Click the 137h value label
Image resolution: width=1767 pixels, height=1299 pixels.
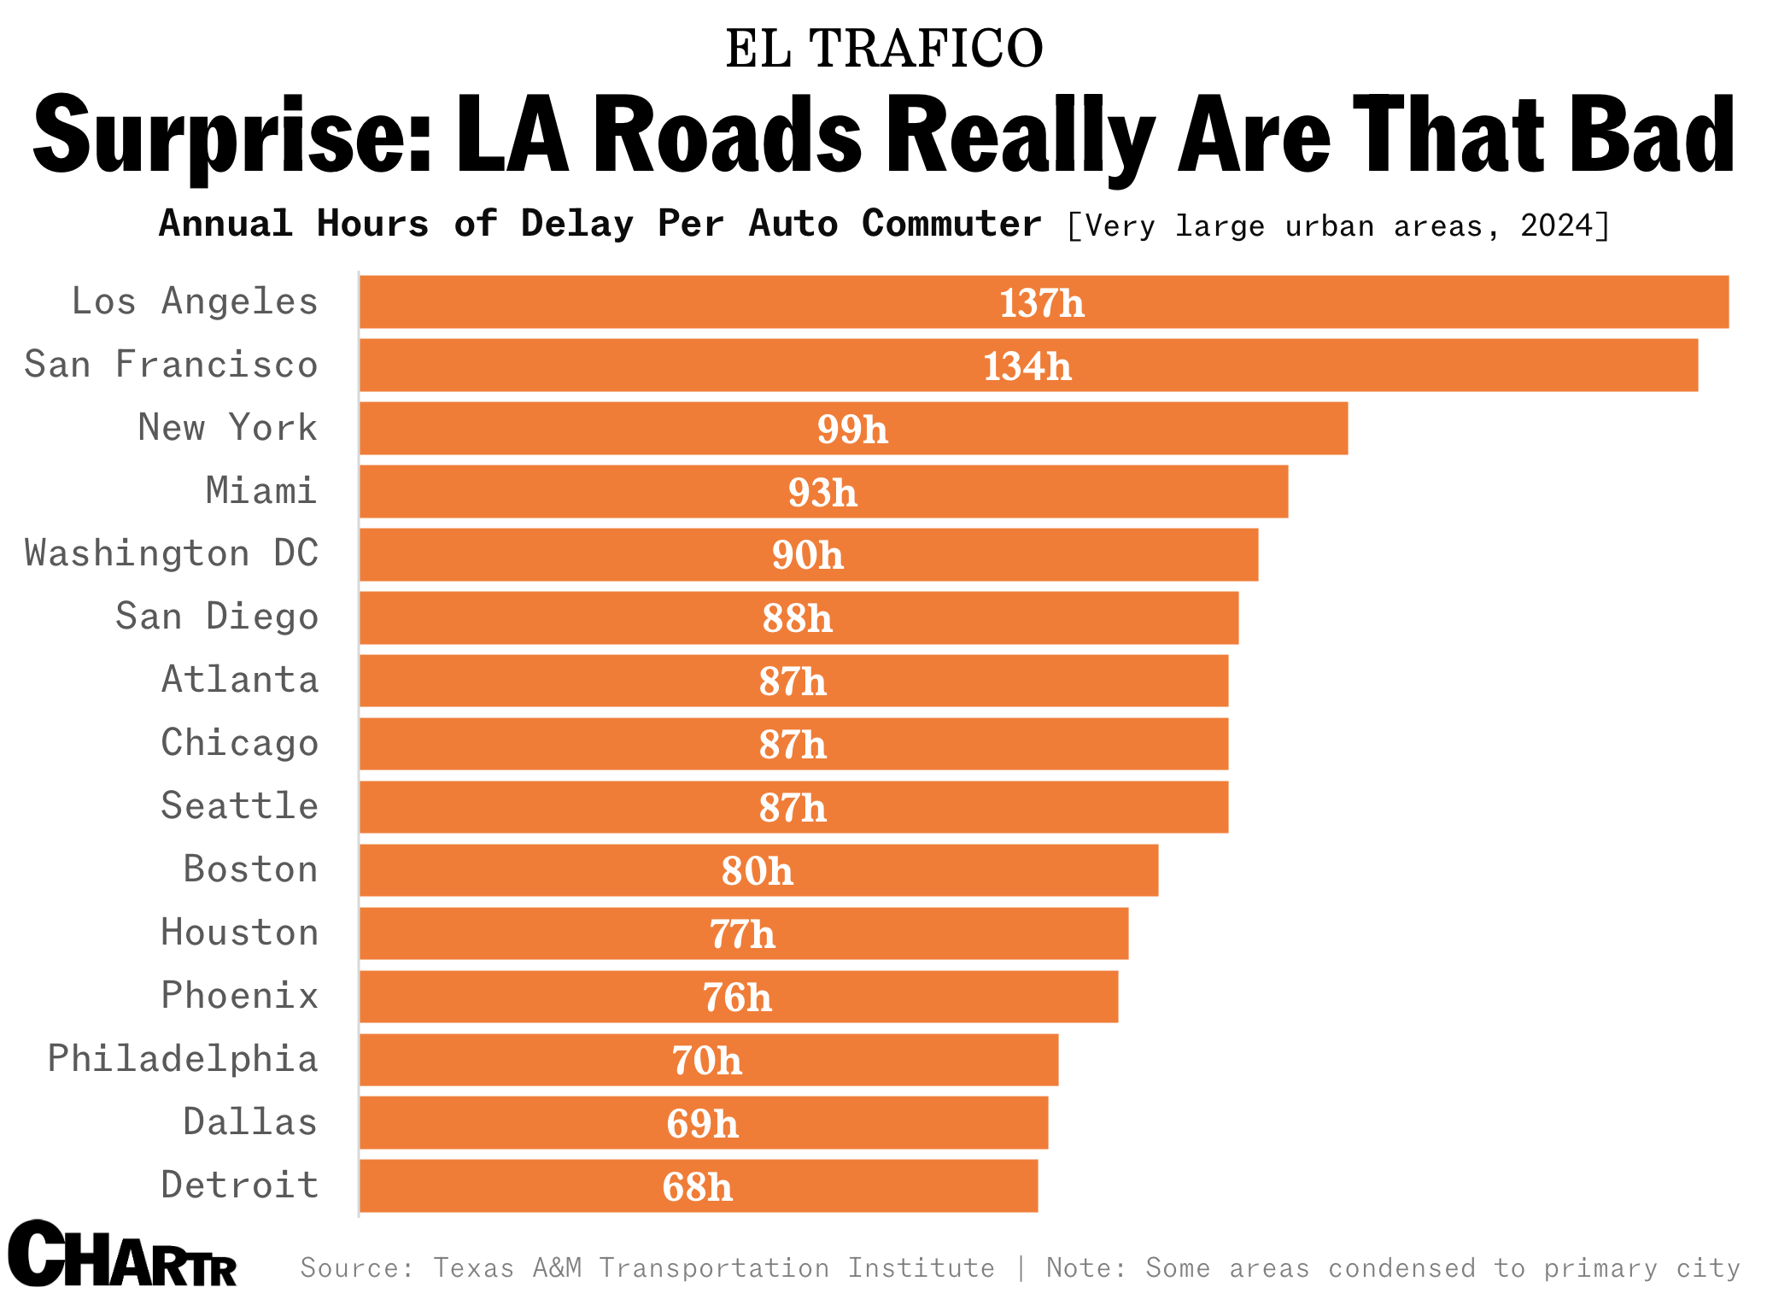[x=1041, y=304]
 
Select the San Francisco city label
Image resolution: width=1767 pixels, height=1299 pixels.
[x=171, y=365]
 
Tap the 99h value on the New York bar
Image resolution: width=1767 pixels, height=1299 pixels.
[x=852, y=430]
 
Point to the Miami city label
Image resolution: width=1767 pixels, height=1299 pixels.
[x=261, y=491]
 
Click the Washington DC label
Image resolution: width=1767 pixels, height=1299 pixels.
[x=171, y=553]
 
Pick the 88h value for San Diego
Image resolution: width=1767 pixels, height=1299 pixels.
[x=797, y=618]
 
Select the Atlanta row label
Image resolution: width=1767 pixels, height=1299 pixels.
[x=240, y=680]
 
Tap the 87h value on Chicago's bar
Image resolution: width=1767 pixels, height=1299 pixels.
[x=793, y=745]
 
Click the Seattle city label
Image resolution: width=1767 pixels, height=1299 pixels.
[x=240, y=806]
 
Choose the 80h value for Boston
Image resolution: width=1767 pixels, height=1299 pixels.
[x=757, y=871]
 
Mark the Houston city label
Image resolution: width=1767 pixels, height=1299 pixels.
[x=240, y=933]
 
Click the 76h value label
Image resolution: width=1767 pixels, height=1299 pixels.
[x=737, y=998]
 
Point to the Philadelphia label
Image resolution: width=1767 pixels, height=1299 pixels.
[x=183, y=1059]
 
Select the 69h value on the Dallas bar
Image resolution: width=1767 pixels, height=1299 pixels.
[x=702, y=1124]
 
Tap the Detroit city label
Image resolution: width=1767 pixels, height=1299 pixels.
[x=240, y=1185]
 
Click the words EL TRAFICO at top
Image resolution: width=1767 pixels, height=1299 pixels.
[x=884, y=48]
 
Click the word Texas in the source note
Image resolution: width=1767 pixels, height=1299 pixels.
[x=473, y=1268]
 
